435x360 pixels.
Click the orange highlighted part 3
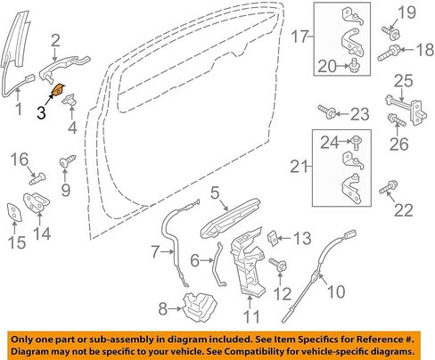coord(58,90)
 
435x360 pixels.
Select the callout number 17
coord(300,37)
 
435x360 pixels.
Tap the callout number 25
coord(404,80)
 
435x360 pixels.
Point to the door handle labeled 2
coord(64,67)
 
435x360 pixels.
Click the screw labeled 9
coord(68,161)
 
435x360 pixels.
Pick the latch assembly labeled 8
coord(200,307)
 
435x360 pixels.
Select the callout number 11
coord(251,315)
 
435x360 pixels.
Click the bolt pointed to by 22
coord(389,188)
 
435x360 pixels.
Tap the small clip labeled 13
coord(273,239)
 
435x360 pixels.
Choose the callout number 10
coord(336,291)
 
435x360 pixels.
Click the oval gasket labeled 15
coord(14,212)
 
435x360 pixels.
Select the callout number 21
coord(299,167)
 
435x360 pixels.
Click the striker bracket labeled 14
coord(37,202)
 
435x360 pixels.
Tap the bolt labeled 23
coord(327,111)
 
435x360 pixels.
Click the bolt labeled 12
coord(278,265)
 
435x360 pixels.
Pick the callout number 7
coord(156,251)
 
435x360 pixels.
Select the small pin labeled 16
coord(38,178)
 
